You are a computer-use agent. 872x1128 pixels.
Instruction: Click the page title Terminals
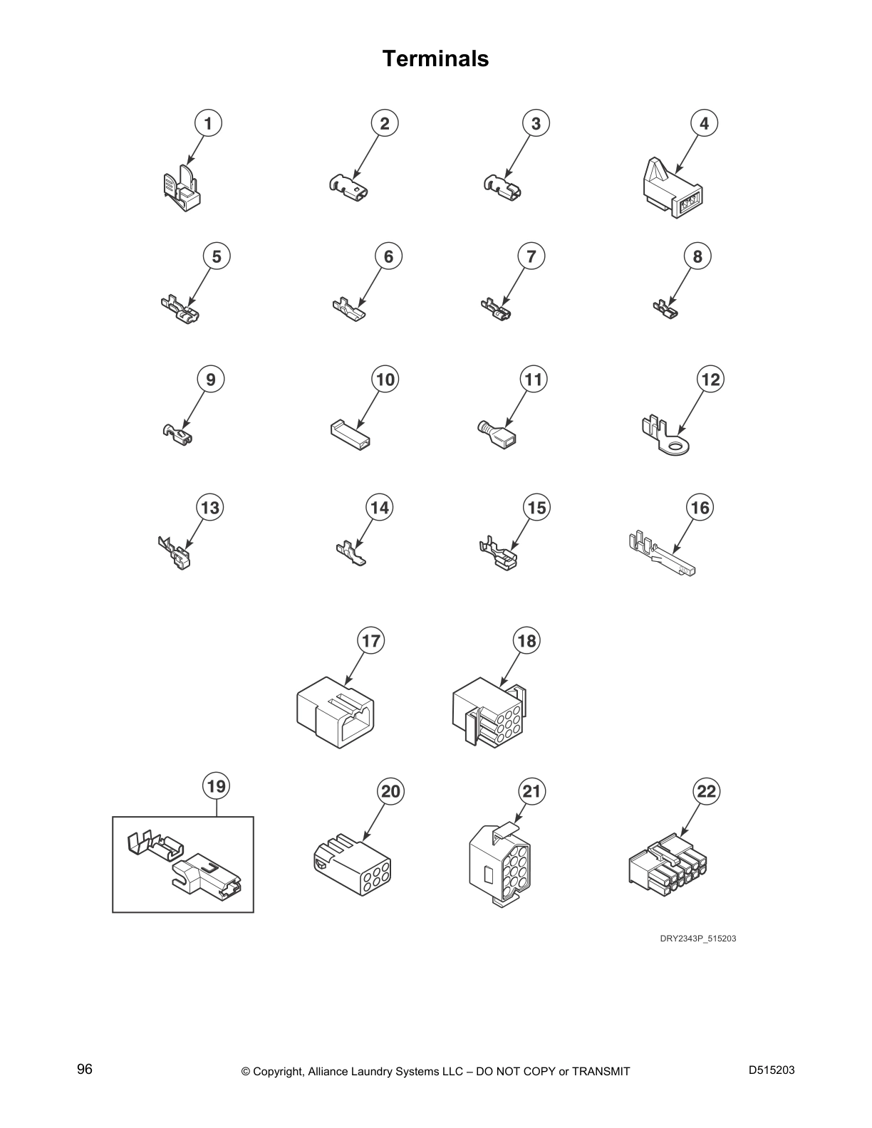click(435, 58)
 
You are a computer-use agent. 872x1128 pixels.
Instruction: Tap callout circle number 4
click(704, 123)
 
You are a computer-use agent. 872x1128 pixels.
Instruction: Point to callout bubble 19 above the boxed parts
click(216, 786)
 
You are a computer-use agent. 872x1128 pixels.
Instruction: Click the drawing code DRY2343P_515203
click(697, 939)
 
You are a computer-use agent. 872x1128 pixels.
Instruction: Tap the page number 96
click(85, 1070)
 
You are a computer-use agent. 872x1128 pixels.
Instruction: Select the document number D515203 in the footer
click(772, 1070)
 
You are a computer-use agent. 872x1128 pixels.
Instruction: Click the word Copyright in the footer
click(280, 1071)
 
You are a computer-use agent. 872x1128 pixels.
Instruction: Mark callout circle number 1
click(208, 123)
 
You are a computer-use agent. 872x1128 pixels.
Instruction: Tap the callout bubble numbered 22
click(706, 791)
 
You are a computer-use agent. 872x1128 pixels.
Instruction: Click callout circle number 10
click(385, 380)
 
